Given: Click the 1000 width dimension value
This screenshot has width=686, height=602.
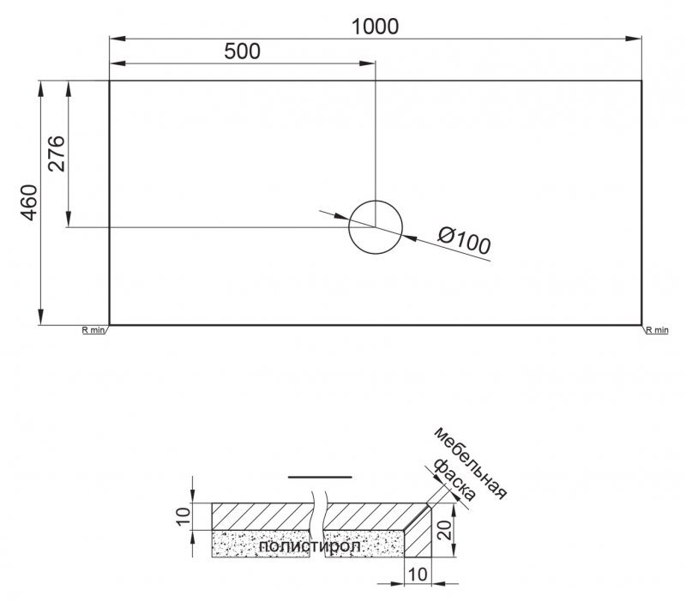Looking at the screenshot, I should tap(376, 26).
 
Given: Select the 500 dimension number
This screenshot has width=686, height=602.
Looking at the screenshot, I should tap(242, 51).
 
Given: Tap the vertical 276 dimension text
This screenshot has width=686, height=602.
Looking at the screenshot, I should tap(56, 154).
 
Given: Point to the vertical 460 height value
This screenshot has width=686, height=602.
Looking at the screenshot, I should tap(28, 203).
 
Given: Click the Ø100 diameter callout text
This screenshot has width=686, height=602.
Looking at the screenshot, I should tap(464, 242).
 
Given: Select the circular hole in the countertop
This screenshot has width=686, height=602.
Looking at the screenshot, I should tap(375, 227).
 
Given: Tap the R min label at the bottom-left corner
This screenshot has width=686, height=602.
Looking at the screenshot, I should tap(92, 329).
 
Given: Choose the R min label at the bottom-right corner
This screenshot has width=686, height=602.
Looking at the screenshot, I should tap(656, 329).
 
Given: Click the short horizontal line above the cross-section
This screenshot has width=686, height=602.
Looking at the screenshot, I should tap(320, 475).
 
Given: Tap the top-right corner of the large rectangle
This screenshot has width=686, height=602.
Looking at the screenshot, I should tap(642, 81).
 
